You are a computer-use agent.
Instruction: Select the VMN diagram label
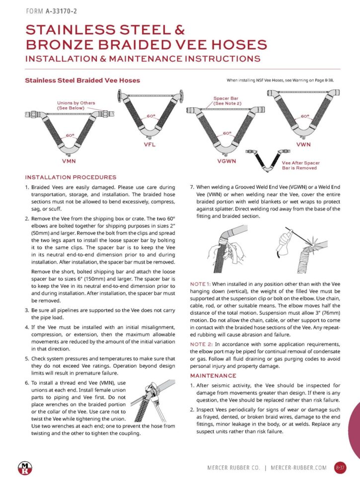(x=69, y=162)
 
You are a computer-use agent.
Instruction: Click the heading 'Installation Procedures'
(x=71, y=177)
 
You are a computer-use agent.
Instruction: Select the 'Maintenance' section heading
(x=213, y=375)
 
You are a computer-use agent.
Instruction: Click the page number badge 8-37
(x=340, y=467)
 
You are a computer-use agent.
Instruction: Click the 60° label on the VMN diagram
(x=70, y=135)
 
